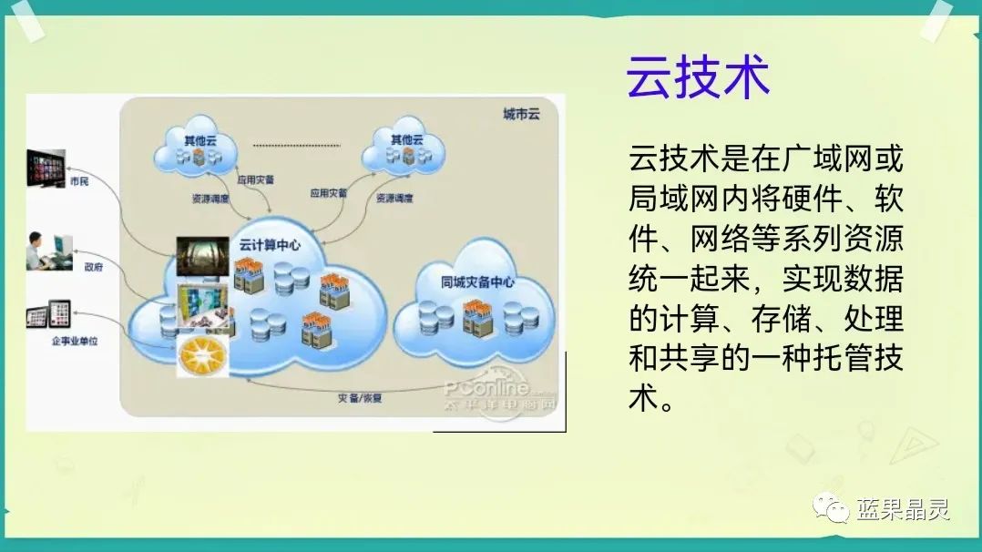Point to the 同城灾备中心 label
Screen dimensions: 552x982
pos(476,281)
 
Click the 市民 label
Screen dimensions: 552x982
pos(79,181)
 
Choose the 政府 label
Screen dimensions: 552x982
pos(93,267)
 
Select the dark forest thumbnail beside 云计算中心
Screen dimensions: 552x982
pos(202,255)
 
